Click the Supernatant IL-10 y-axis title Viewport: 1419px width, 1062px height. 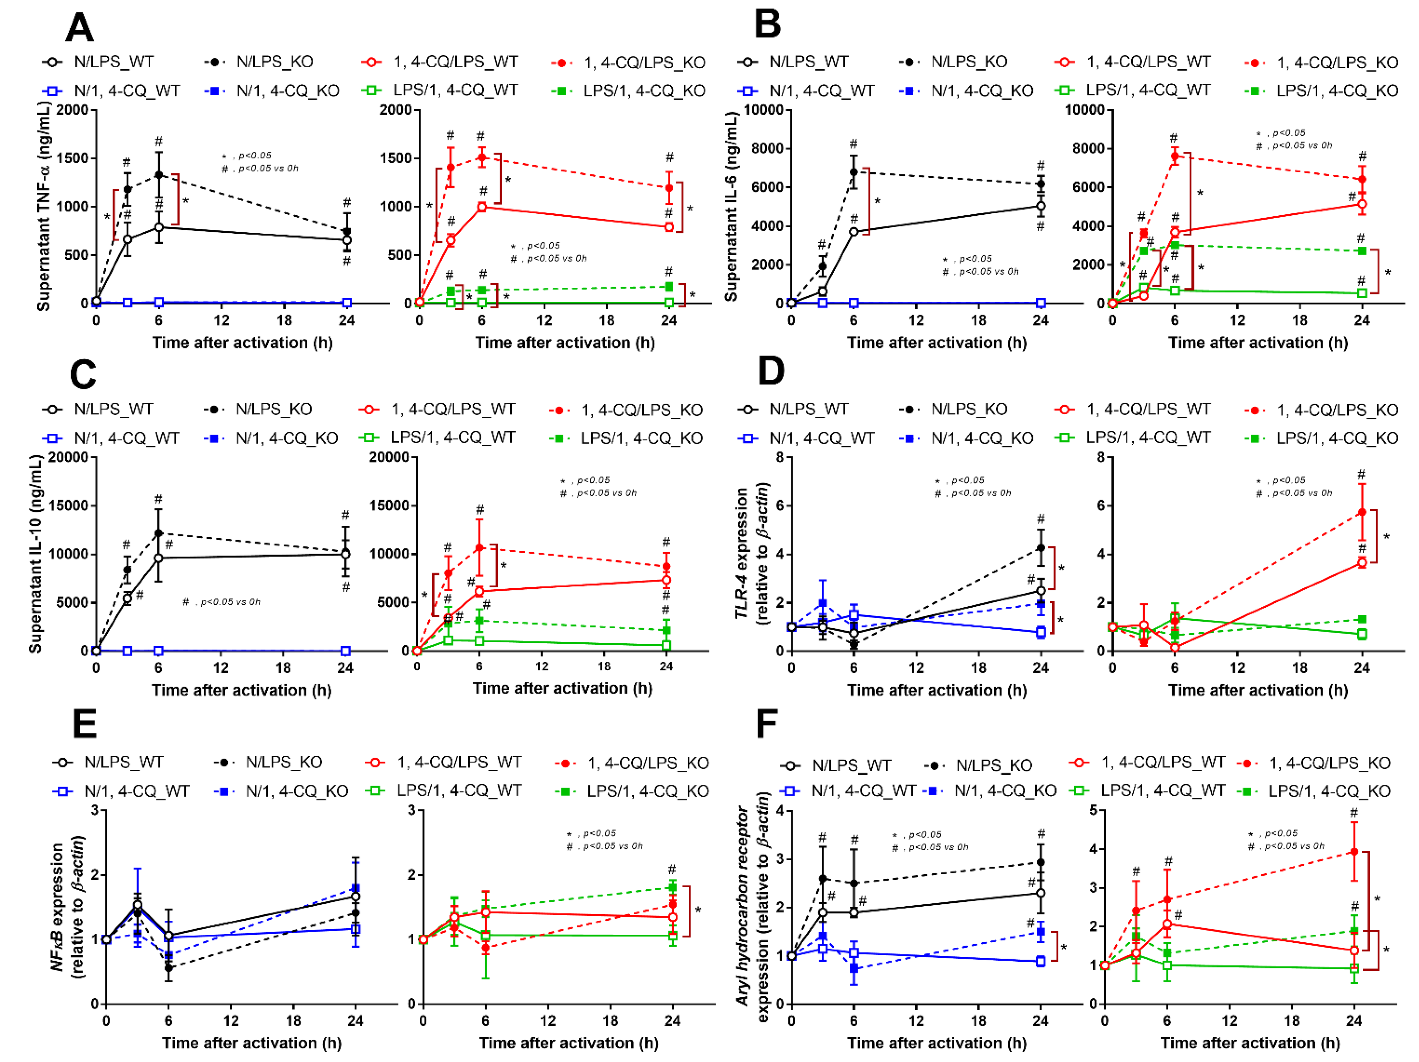coord(35,554)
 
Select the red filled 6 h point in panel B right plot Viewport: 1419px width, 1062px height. coord(1175,156)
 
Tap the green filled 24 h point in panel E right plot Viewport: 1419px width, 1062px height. coord(672,887)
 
